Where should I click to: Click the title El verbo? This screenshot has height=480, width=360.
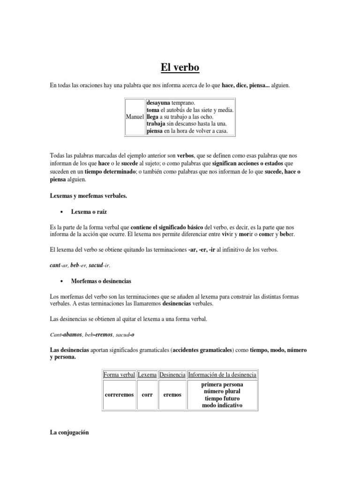pos(180,67)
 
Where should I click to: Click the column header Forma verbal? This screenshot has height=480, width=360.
pos(119,375)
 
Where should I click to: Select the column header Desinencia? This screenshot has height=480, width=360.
pos(172,375)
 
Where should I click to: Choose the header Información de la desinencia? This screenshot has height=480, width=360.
pos(222,375)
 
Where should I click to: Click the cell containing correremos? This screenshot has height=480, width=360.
pos(119,395)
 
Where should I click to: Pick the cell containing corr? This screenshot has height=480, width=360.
pos(147,395)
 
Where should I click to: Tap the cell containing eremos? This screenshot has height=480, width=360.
pos(172,395)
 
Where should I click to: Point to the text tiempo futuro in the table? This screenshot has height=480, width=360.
pos(222,398)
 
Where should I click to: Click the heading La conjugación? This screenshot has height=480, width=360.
pos(69,434)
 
